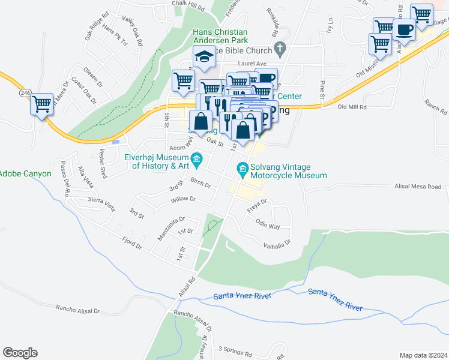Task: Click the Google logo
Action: tap(20, 353)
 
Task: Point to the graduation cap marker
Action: tap(204, 57)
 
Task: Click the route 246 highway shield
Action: tap(25, 93)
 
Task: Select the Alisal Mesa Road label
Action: tap(418, 187)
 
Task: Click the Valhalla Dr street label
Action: tap(277, 243)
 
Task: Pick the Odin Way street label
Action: tap(268, 226)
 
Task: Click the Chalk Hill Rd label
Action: tap(188, 4)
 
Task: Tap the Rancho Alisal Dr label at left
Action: tap(77, 309)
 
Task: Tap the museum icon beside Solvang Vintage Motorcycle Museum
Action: tap(243, 170)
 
